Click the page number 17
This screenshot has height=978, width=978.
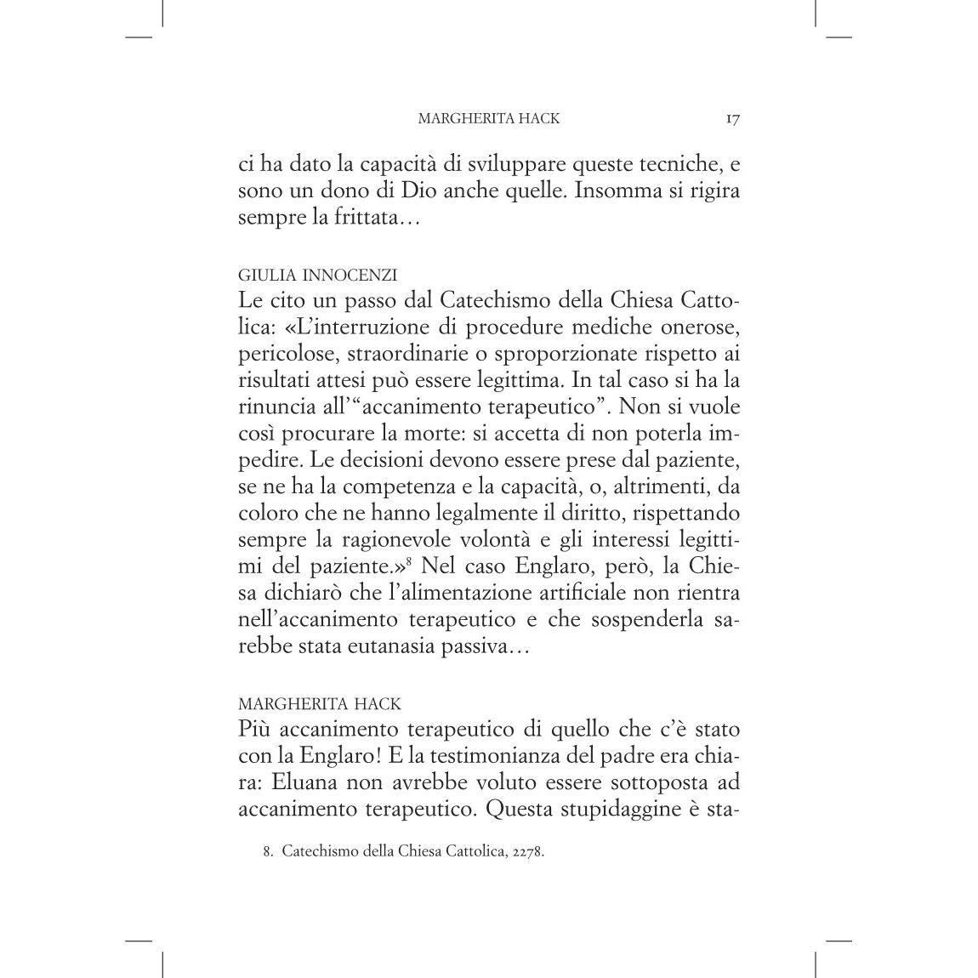pyautogui.click(x=733, y=119)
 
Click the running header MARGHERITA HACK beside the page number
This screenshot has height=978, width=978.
pyautogui.click(x=489, y=119)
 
